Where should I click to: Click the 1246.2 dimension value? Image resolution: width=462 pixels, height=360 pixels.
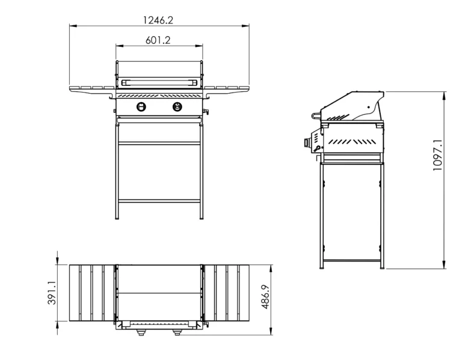[158, 20]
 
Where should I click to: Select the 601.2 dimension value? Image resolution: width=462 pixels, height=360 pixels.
[158, 40]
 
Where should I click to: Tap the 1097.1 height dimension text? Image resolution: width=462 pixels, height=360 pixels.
[437, 155]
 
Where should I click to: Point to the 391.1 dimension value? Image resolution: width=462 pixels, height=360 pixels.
[52, 293]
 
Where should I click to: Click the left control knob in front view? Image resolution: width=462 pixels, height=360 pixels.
[141, 106]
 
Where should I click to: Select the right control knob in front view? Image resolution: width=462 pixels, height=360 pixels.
[177, 106]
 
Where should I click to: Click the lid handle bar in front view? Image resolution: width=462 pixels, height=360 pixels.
[159, 82]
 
